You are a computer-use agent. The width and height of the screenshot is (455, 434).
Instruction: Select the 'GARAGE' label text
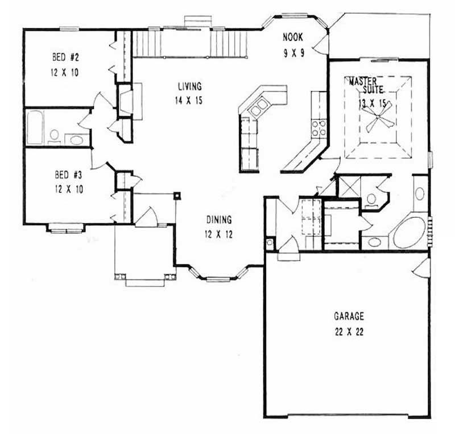click(349, 317)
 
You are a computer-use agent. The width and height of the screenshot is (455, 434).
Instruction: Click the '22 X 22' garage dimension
click(349, 332)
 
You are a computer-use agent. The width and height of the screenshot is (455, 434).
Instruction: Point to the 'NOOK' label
click(293, 38)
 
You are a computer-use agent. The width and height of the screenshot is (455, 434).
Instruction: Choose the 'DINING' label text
click(218, 220)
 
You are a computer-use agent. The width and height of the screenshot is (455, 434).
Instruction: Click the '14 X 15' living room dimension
click(189, 100)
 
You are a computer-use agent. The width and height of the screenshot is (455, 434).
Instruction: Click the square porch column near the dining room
click(177, 196)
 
